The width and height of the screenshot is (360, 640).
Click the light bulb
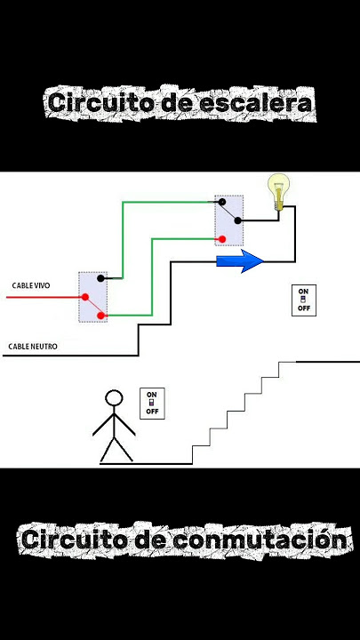tap(278, 192)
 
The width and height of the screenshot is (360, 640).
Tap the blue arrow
tap(240, 261)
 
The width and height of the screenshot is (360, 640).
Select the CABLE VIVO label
tap(31, 285)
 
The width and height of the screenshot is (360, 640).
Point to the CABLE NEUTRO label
tap(33, 347)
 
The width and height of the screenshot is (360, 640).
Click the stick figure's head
tap(114, 398)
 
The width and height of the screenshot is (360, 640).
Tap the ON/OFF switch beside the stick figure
tap(152, 404)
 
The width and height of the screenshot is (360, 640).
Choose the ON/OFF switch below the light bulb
tap(304, 300)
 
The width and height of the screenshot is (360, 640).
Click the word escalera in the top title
tap(255, 103)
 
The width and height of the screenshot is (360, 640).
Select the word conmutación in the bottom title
tap(260, 540)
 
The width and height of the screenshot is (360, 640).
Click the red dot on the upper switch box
tap(222, 239)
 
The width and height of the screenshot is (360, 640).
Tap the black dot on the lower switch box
tap(100, 278)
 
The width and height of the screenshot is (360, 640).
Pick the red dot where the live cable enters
tap(85, 297)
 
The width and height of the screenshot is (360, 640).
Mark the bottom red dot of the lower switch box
tap(100, 316)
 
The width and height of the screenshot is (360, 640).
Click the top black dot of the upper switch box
tap(222, 202)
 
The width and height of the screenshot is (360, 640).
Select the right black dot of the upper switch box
tap(237, 220)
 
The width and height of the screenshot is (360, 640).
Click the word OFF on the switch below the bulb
tap(304, 308)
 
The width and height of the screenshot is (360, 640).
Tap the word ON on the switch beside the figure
tap(152, 395)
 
